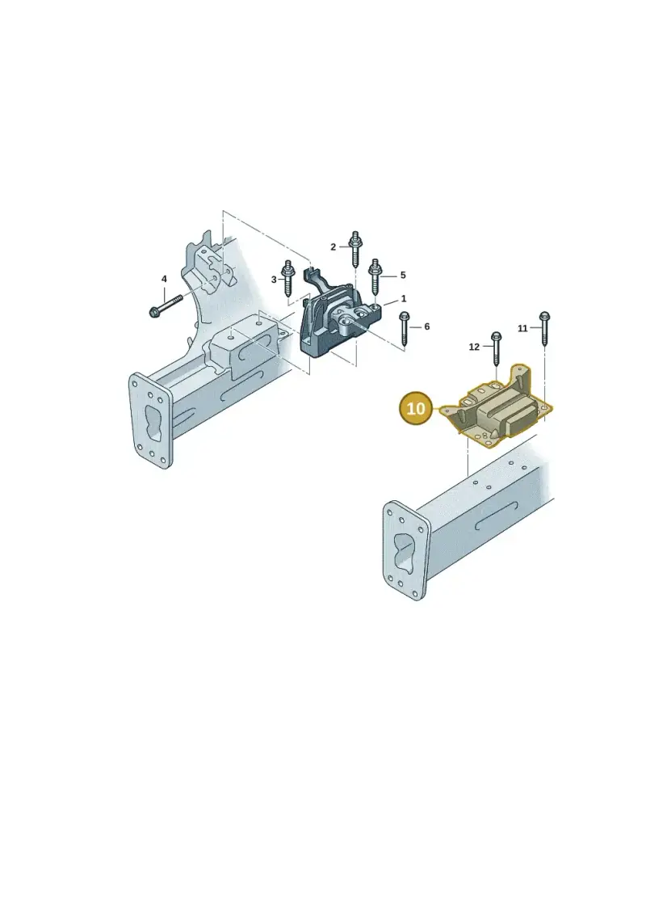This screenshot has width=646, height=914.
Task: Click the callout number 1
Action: click(404, 299)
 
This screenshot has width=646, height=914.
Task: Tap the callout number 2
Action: click(333, 247)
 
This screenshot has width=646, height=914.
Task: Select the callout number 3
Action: click(274, 280)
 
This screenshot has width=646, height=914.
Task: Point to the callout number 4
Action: click(164, 280)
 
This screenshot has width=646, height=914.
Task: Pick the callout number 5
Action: click(402, 275)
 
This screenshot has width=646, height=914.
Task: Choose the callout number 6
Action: click(427, 326)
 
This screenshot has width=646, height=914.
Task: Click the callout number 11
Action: click(522, 328)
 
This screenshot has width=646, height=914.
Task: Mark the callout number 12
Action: click(474, 347)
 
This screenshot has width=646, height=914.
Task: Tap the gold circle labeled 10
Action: click(417, 408)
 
